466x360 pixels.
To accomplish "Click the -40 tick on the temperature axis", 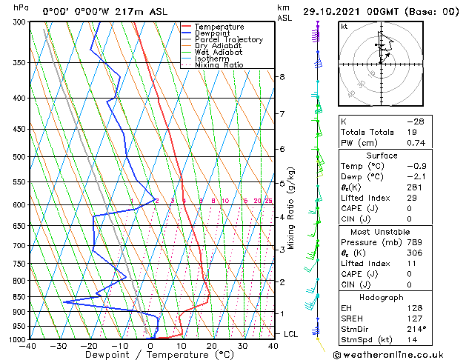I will coord(29,346).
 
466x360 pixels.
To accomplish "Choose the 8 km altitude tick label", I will coord(282,77).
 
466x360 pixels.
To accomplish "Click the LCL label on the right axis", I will coord(291,334).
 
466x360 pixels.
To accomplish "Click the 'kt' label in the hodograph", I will coord(344,26).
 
